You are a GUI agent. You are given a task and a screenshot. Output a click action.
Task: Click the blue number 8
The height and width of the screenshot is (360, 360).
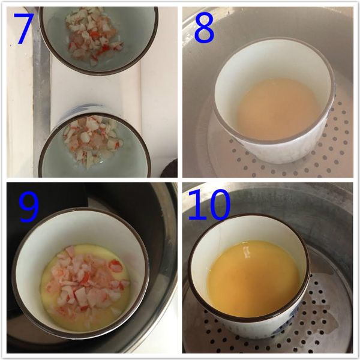(x=203, y=27)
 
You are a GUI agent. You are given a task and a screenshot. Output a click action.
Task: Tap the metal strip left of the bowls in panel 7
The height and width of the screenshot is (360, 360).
(x=41, y=90)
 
